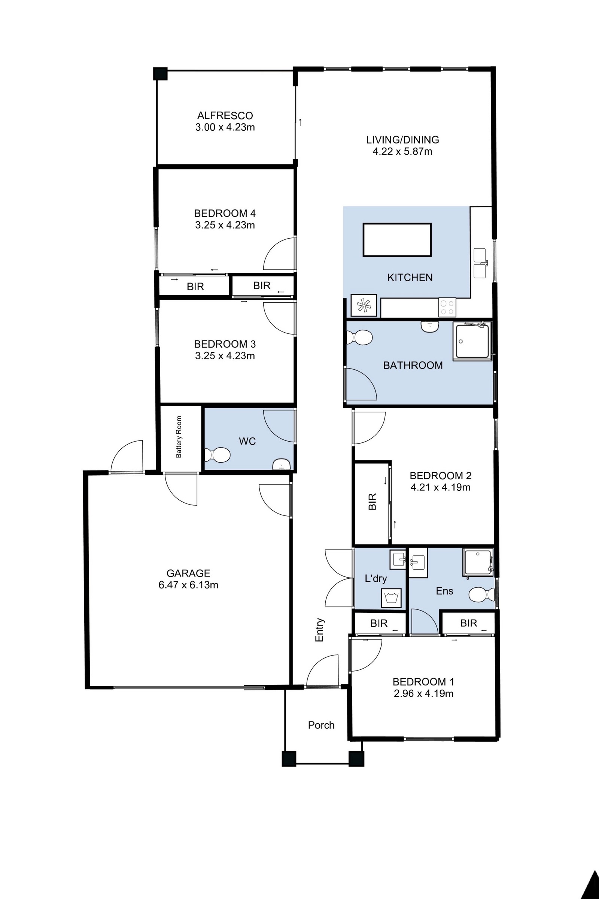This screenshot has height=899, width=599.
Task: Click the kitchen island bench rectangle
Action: coord(397,240)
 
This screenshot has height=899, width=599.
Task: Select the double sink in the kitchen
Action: coord(480,263)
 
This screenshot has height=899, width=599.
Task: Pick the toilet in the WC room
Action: coord(218,455)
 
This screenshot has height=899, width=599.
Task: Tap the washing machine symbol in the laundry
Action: coord(391,597)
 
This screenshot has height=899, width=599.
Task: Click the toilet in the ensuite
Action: coord(481,594)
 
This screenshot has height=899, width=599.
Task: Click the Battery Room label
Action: coord(179,437)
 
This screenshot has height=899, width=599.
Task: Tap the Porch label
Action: coord(321,725)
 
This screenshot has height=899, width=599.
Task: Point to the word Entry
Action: coord(319,630)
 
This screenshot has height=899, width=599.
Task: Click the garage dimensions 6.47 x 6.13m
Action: coord(188,585)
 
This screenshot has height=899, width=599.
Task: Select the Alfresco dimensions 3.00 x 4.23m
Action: coord(225,127)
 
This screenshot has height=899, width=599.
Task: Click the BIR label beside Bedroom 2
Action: coord(373,502)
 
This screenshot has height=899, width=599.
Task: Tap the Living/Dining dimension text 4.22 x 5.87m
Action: coord(402,152)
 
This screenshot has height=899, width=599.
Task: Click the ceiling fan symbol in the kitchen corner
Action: coord(363,305)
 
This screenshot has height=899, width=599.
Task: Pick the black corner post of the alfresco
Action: coord(161,73)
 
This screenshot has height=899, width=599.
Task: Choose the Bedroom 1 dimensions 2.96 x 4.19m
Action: coord(424,693)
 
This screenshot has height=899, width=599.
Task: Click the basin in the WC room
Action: coord(282,465)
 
